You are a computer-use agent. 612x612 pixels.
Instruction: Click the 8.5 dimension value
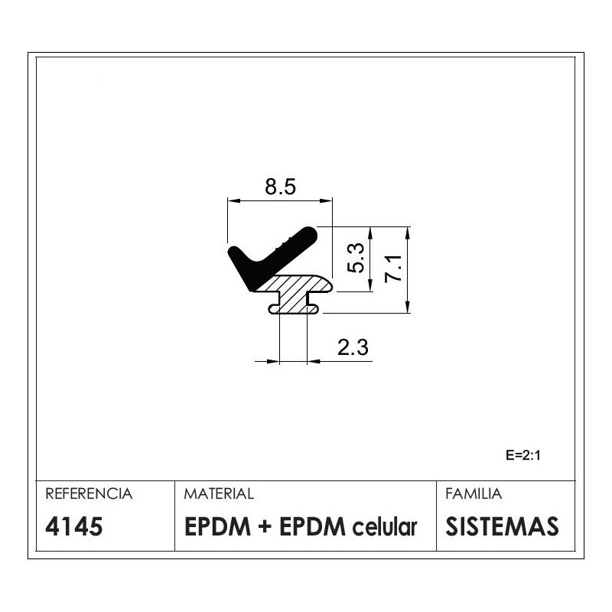coord(280,187)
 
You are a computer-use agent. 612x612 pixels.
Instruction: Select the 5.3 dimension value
coord(356,258)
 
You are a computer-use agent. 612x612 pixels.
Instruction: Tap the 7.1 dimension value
coord(392,269)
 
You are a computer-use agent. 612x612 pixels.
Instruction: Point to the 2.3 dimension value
coord(353,347)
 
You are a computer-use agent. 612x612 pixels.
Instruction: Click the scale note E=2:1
coord(523,455)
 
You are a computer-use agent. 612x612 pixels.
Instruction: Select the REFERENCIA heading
coord(89,493)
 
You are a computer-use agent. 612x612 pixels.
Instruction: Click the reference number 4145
coord(73,526)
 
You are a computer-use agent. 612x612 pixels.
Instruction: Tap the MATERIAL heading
coord(219,493)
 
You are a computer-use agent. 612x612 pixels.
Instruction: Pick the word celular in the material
coord(385,526)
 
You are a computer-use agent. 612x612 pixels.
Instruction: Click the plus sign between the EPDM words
coord(265,527)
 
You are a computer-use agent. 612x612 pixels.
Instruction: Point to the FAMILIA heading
coord(474,493)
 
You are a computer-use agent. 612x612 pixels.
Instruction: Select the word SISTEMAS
coord(502,526)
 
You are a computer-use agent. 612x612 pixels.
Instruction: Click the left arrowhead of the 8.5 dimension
coord(233,201)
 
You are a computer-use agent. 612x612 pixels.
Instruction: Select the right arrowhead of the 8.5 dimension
coord(327,201)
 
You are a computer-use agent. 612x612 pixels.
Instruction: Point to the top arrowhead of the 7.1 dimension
coord(408,233)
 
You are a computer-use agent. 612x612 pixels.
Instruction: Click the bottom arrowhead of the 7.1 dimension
coord(408,307)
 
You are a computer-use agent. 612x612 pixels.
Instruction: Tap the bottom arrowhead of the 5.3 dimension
coord(371,285)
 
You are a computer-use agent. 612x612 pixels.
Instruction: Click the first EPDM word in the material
coord(217,526)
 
